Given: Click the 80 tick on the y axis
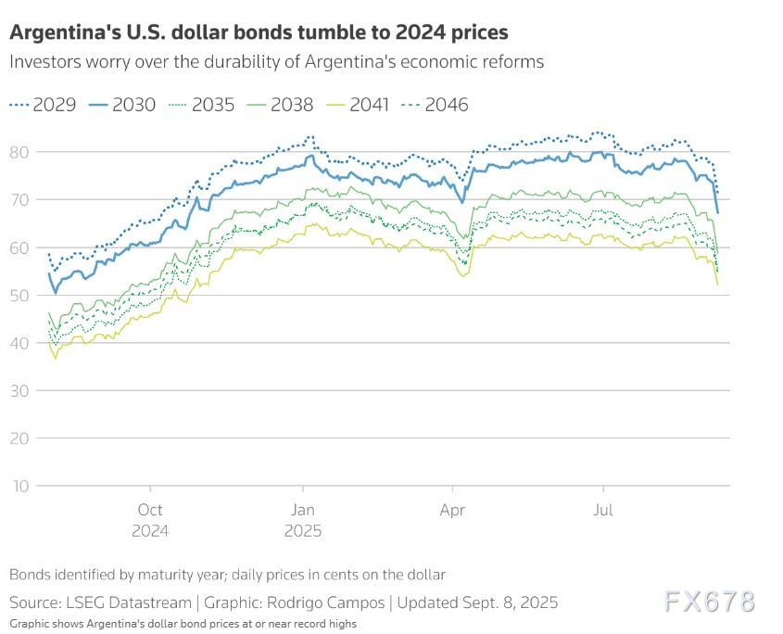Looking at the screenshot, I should pyautogui.click(x=19, y=152).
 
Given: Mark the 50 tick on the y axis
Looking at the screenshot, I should pyautogui.click(x=19, y=295).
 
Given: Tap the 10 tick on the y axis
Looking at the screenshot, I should pyautogui.click(x=19, y=486).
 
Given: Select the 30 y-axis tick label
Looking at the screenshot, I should pyautogui.click(x=19, y=390).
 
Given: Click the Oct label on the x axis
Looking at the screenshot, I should pyautogui.click(x=150, y=510).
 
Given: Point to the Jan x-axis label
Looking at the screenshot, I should pyautogui.click(x=302, y=510).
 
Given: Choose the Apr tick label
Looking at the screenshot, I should pyautogui.click(x=452, y=510).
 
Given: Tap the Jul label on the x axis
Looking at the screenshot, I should pyautogui.click(x=603, y=510).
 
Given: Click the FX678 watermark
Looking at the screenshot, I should pyautogui.click(x=709, y=602).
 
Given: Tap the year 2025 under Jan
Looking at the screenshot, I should pyautogui.click(x=302, y=531).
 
